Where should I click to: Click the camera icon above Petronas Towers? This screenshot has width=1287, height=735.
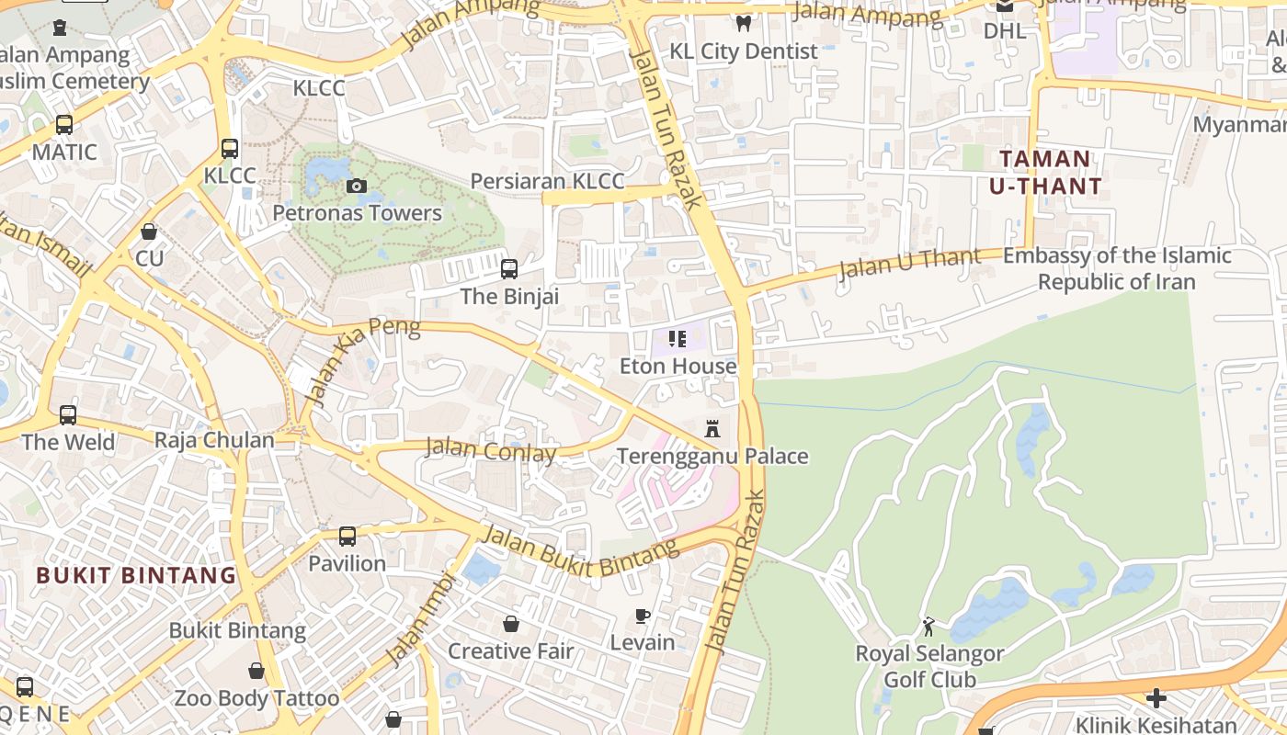click(357, 187)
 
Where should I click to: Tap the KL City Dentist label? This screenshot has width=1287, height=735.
click(743, 51)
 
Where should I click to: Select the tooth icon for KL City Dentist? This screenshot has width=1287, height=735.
click(744, 24)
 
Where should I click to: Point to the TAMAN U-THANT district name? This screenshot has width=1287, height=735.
click(1045, 173)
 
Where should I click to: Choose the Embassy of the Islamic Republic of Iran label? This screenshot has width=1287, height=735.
click(1117, 268)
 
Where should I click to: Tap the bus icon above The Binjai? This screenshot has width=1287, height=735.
click(508, 269)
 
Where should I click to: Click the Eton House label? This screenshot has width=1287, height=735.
click(678, 366)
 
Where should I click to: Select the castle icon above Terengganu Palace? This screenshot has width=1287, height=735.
click(712, 428)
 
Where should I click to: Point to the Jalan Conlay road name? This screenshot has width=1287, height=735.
click(491, 451)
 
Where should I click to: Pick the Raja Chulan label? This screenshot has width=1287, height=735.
click(214, 440)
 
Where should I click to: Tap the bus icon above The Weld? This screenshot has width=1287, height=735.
click(68, 415)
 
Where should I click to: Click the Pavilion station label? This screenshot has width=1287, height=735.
click(347, 563)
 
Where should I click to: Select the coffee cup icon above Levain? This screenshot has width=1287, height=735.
click(643, 616)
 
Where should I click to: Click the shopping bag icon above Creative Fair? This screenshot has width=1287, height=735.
click(511, 625)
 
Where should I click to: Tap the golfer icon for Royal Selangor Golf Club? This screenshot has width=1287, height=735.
click(928, 627)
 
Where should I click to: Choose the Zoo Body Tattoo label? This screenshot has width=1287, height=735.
click(256, 698)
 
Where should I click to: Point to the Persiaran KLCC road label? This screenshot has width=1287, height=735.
click(547, 181)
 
